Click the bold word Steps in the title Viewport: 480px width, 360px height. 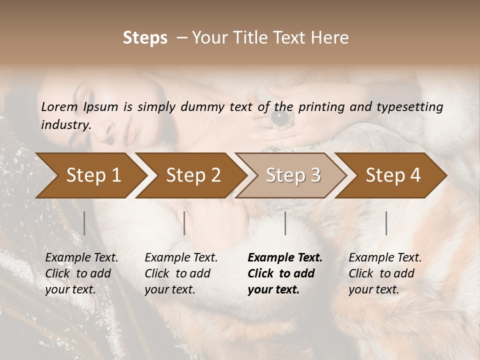coord(145,38)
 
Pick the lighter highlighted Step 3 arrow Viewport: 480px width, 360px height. coord(293,175)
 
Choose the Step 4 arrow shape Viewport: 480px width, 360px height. coord(393,175)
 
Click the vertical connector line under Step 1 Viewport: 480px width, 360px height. coord(84,223)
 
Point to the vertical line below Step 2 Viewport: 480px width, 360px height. coord(184,223)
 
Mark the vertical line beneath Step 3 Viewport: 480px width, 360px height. coord(285,223)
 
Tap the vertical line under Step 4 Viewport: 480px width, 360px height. coord(386,223)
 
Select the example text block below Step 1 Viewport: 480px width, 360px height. coord(81,273)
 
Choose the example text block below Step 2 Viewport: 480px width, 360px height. coord(181,273)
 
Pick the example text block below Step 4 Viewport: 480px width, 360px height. coord(385,273)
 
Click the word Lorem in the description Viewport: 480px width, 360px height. coord(59,106)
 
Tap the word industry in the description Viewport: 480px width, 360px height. coord(65,125)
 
